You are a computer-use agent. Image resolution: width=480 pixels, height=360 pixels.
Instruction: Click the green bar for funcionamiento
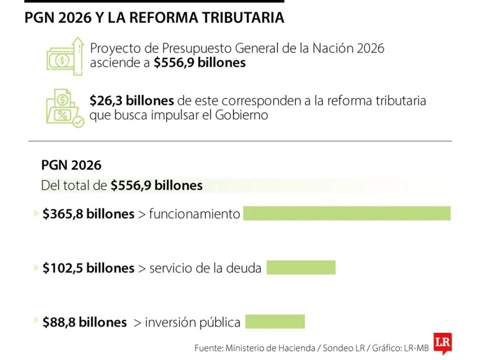346,213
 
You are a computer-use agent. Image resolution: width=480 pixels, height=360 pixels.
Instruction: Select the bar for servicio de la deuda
300,267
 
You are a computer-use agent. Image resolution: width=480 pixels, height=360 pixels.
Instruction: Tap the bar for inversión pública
274,321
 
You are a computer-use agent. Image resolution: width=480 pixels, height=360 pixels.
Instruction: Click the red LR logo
442,343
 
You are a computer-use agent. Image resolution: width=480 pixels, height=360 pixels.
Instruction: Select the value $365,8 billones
88,214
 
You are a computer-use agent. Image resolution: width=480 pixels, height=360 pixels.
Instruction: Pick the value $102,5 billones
88,268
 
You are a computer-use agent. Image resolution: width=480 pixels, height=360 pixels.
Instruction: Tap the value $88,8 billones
84,322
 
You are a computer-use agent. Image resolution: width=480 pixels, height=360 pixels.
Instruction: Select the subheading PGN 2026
71,165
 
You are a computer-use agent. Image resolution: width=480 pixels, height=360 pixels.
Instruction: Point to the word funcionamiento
194,214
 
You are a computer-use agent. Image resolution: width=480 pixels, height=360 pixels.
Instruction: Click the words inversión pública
192,322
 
